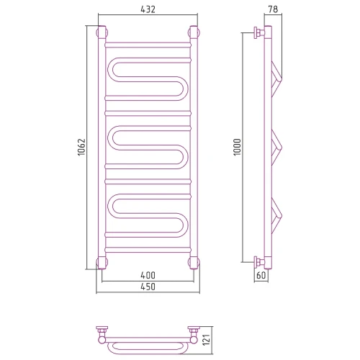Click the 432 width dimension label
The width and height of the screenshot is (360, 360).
[x=148, y=9]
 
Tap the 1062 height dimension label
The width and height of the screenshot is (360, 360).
[x=81, y=147]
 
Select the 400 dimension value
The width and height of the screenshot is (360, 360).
[x=148, y=275]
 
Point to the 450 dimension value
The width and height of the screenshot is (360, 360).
[x=148, y=287]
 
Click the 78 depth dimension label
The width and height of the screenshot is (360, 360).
[x=273, y=9]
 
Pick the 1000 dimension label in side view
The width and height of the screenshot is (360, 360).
[x=237, y=147]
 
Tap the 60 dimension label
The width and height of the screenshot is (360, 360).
[x=261, y=275]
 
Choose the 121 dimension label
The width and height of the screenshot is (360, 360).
[x=207, y=340]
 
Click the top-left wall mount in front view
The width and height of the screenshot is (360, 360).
[x=102, y=32]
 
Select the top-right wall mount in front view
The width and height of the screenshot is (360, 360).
[x=194, y=32]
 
